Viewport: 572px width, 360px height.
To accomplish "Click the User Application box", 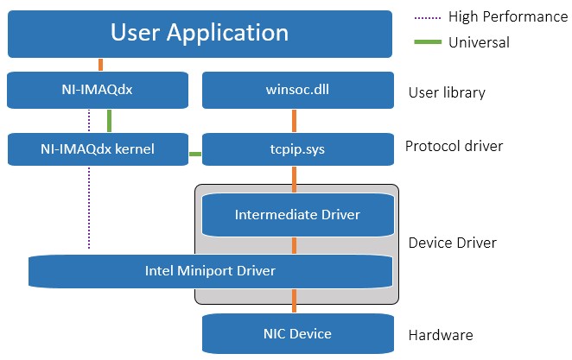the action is (200, 34).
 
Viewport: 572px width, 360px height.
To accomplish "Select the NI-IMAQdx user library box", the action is (98, 90).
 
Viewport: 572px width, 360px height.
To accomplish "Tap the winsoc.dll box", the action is (298, 90).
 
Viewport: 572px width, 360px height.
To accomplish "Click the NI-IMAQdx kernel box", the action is (98, 149).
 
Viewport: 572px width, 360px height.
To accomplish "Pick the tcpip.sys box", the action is (298, 149).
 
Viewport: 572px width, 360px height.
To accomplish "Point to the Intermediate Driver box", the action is (298, 215).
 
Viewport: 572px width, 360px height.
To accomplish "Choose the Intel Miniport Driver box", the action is (211, 271).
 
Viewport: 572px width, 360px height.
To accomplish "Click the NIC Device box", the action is (298, 334).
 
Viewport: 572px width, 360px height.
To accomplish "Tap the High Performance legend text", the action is (508, 16).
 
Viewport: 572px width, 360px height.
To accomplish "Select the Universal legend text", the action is (479, 42).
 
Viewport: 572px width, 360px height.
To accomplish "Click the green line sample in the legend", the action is (428, 42).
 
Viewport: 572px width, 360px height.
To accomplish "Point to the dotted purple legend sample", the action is (428, 18).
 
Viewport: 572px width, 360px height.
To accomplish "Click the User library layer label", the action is (447, 92).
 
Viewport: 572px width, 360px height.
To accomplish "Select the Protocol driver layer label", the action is (454, 146).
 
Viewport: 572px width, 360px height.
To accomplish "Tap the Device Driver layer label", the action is (453, 243).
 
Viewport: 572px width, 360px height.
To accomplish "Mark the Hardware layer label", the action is (441, 335).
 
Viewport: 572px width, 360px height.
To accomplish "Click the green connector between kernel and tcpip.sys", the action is (195, 155).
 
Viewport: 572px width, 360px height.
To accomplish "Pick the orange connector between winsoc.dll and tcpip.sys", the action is (295, 121).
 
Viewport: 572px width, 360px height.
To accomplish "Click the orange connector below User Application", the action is (101, 65).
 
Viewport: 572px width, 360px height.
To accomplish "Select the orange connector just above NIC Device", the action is (295, 301).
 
